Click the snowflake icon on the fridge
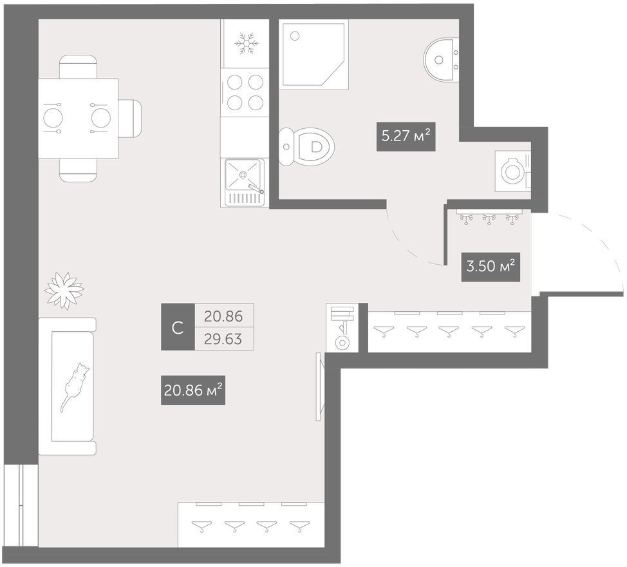247,44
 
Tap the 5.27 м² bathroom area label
406,137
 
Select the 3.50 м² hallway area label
491,267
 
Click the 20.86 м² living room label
193,390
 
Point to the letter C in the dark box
178,328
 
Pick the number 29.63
223,340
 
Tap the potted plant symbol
64,290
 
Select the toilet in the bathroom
306,147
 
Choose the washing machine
513,171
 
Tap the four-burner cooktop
245,93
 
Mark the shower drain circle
295,36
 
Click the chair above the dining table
78,67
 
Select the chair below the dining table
78,170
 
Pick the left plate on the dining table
53,119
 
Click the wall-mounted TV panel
319,387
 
